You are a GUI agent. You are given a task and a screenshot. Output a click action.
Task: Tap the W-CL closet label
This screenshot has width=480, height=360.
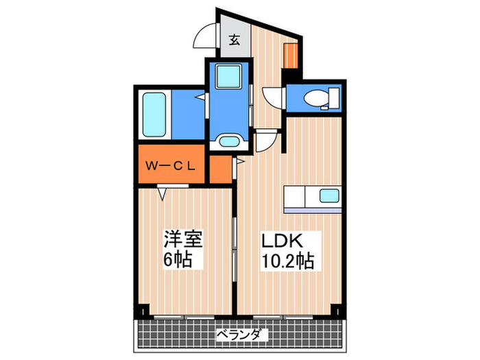tap(171, 165)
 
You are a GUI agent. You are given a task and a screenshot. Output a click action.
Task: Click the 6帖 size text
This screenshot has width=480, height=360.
tap(177, 261)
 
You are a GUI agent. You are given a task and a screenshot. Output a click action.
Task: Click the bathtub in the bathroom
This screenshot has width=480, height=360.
tap(156, 115)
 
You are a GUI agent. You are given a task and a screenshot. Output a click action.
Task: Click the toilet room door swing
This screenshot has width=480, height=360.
tap(272, 97)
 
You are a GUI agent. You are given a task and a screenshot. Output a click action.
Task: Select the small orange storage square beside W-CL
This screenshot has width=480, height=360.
tap(220, 170)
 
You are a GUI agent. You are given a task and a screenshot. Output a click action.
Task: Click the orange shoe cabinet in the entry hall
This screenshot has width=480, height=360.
tap(291, 55)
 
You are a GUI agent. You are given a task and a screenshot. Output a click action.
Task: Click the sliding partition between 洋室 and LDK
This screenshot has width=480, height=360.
tap(235, 240)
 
